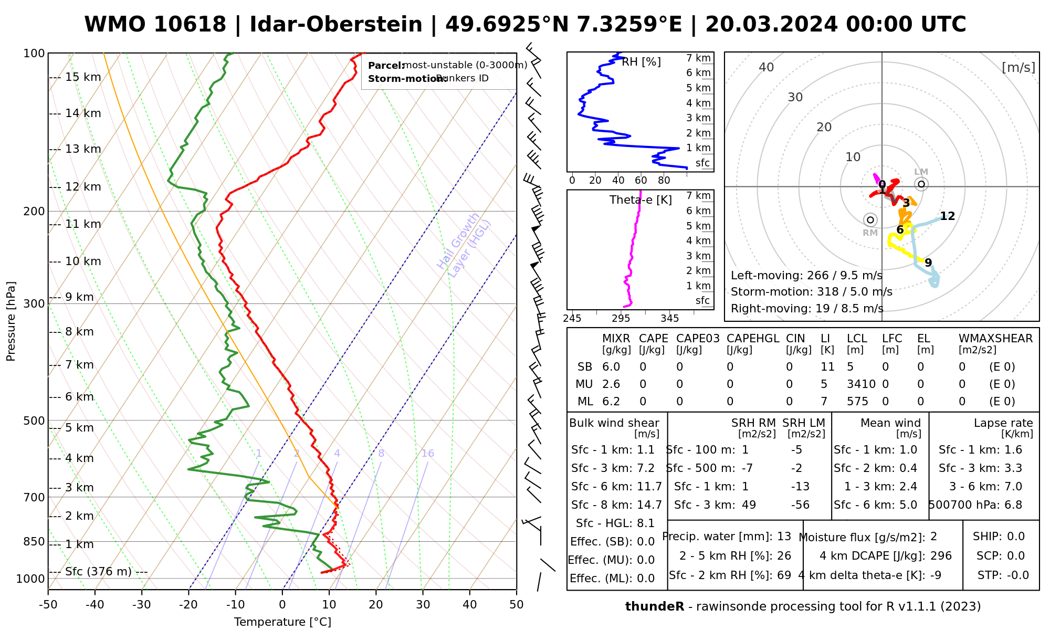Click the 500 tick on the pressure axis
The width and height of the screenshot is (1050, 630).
pos(34,421)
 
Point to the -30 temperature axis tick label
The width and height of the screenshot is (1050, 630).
pos(141,605)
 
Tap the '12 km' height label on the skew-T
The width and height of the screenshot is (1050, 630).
pos(83,187)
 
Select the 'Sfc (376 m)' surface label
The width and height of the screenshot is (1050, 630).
pos(98,571)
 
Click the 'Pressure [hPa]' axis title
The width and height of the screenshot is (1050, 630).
pos(11,321)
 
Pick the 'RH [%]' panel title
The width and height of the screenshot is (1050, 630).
pos(641,62)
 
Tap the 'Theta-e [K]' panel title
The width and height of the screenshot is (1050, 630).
pos(640,200)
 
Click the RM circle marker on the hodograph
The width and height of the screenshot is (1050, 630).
pos(870,219)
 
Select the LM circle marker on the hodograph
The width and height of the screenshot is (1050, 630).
pos(921,184)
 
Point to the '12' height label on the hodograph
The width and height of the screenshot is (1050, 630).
pos(947,216)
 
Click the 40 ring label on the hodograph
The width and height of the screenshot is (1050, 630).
pos(766,67)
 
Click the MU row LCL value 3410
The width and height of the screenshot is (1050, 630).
pos(861,384)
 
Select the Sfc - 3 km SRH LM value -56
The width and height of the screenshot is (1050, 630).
pos(800,505)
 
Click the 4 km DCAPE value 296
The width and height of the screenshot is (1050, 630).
pos(941,556)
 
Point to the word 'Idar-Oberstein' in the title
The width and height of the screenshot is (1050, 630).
pos(336,25)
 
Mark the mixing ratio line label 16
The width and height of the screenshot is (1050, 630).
pos(427,454)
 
